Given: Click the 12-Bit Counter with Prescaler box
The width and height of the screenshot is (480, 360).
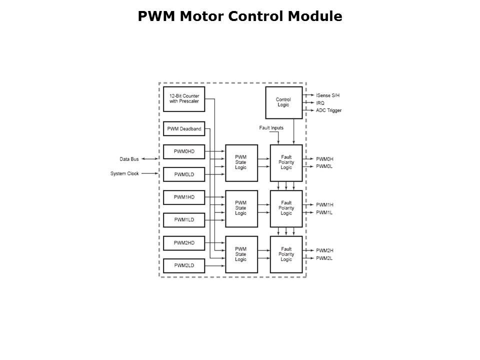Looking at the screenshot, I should pyautogui.click(x=184, y=98).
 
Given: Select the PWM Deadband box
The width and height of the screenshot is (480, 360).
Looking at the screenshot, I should pyautogui.click(x=184, y=129).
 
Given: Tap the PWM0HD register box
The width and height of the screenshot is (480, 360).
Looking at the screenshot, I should pyautogui.click(x=184, y=151).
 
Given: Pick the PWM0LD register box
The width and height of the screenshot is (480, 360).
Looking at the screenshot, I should pyautogui.click(x=184, y=174).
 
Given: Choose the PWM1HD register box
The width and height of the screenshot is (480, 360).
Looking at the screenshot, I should pyautogui.click(x=184, y=197).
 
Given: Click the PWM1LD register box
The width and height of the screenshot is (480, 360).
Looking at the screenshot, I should pyautogui.click(x=184, y=220).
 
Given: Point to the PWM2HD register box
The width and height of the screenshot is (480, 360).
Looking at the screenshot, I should pyautogui.click(x=184, y=243).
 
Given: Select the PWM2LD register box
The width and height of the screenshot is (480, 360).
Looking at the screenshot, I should pyautogui.click(x=184, y=265).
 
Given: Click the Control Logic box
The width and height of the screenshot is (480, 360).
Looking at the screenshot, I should pyautogui.click(x=283, y=102).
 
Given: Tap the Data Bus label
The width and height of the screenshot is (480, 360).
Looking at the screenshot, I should pyautogui.click(x=129, y=159).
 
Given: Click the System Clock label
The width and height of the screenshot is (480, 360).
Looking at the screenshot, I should pyautogui.click(x=124, y=173).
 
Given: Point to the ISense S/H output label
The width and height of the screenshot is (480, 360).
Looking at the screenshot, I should pyautogui.click(x=328, y=95).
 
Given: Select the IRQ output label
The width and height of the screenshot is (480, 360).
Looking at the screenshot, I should pyautogui.click(x=320, y=102).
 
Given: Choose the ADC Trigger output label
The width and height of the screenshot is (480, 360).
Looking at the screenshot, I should pyautogui.click(x=328, y=110).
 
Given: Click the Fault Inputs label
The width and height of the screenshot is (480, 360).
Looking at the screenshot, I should pyautogui.click(x=271, y=128).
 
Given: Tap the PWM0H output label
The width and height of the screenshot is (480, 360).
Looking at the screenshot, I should pyautogui.click(x=324, y=159).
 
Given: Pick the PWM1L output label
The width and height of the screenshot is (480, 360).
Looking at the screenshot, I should pyautogui.click(x=324, y=212).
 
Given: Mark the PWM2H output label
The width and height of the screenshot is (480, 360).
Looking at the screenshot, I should pyautogui.click(x=324, y=250).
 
